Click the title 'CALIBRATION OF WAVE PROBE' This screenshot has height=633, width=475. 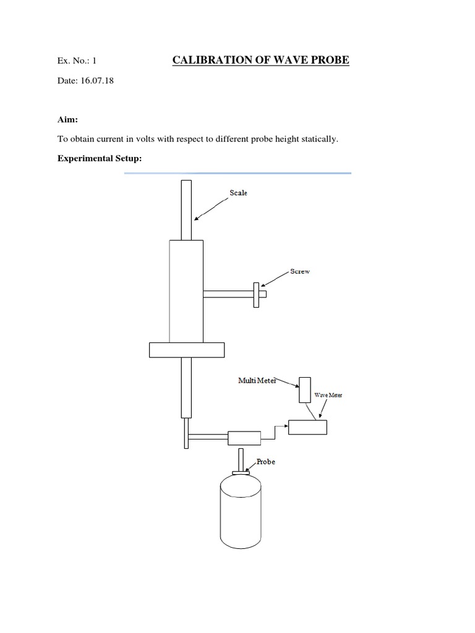tap(260, 60)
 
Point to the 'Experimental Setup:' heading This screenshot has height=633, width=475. tap(100, 159)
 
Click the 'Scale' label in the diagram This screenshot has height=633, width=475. tap(238, 193)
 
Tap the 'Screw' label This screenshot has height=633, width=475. tap(301, 271)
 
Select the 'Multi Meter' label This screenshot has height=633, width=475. tap(257, 381)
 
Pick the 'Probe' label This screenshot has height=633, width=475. tap(265, 462)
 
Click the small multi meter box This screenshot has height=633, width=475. tap(304, 390)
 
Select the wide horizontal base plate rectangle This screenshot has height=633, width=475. tap(186, 349)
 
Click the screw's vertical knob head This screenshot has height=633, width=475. tap(255, 294)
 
